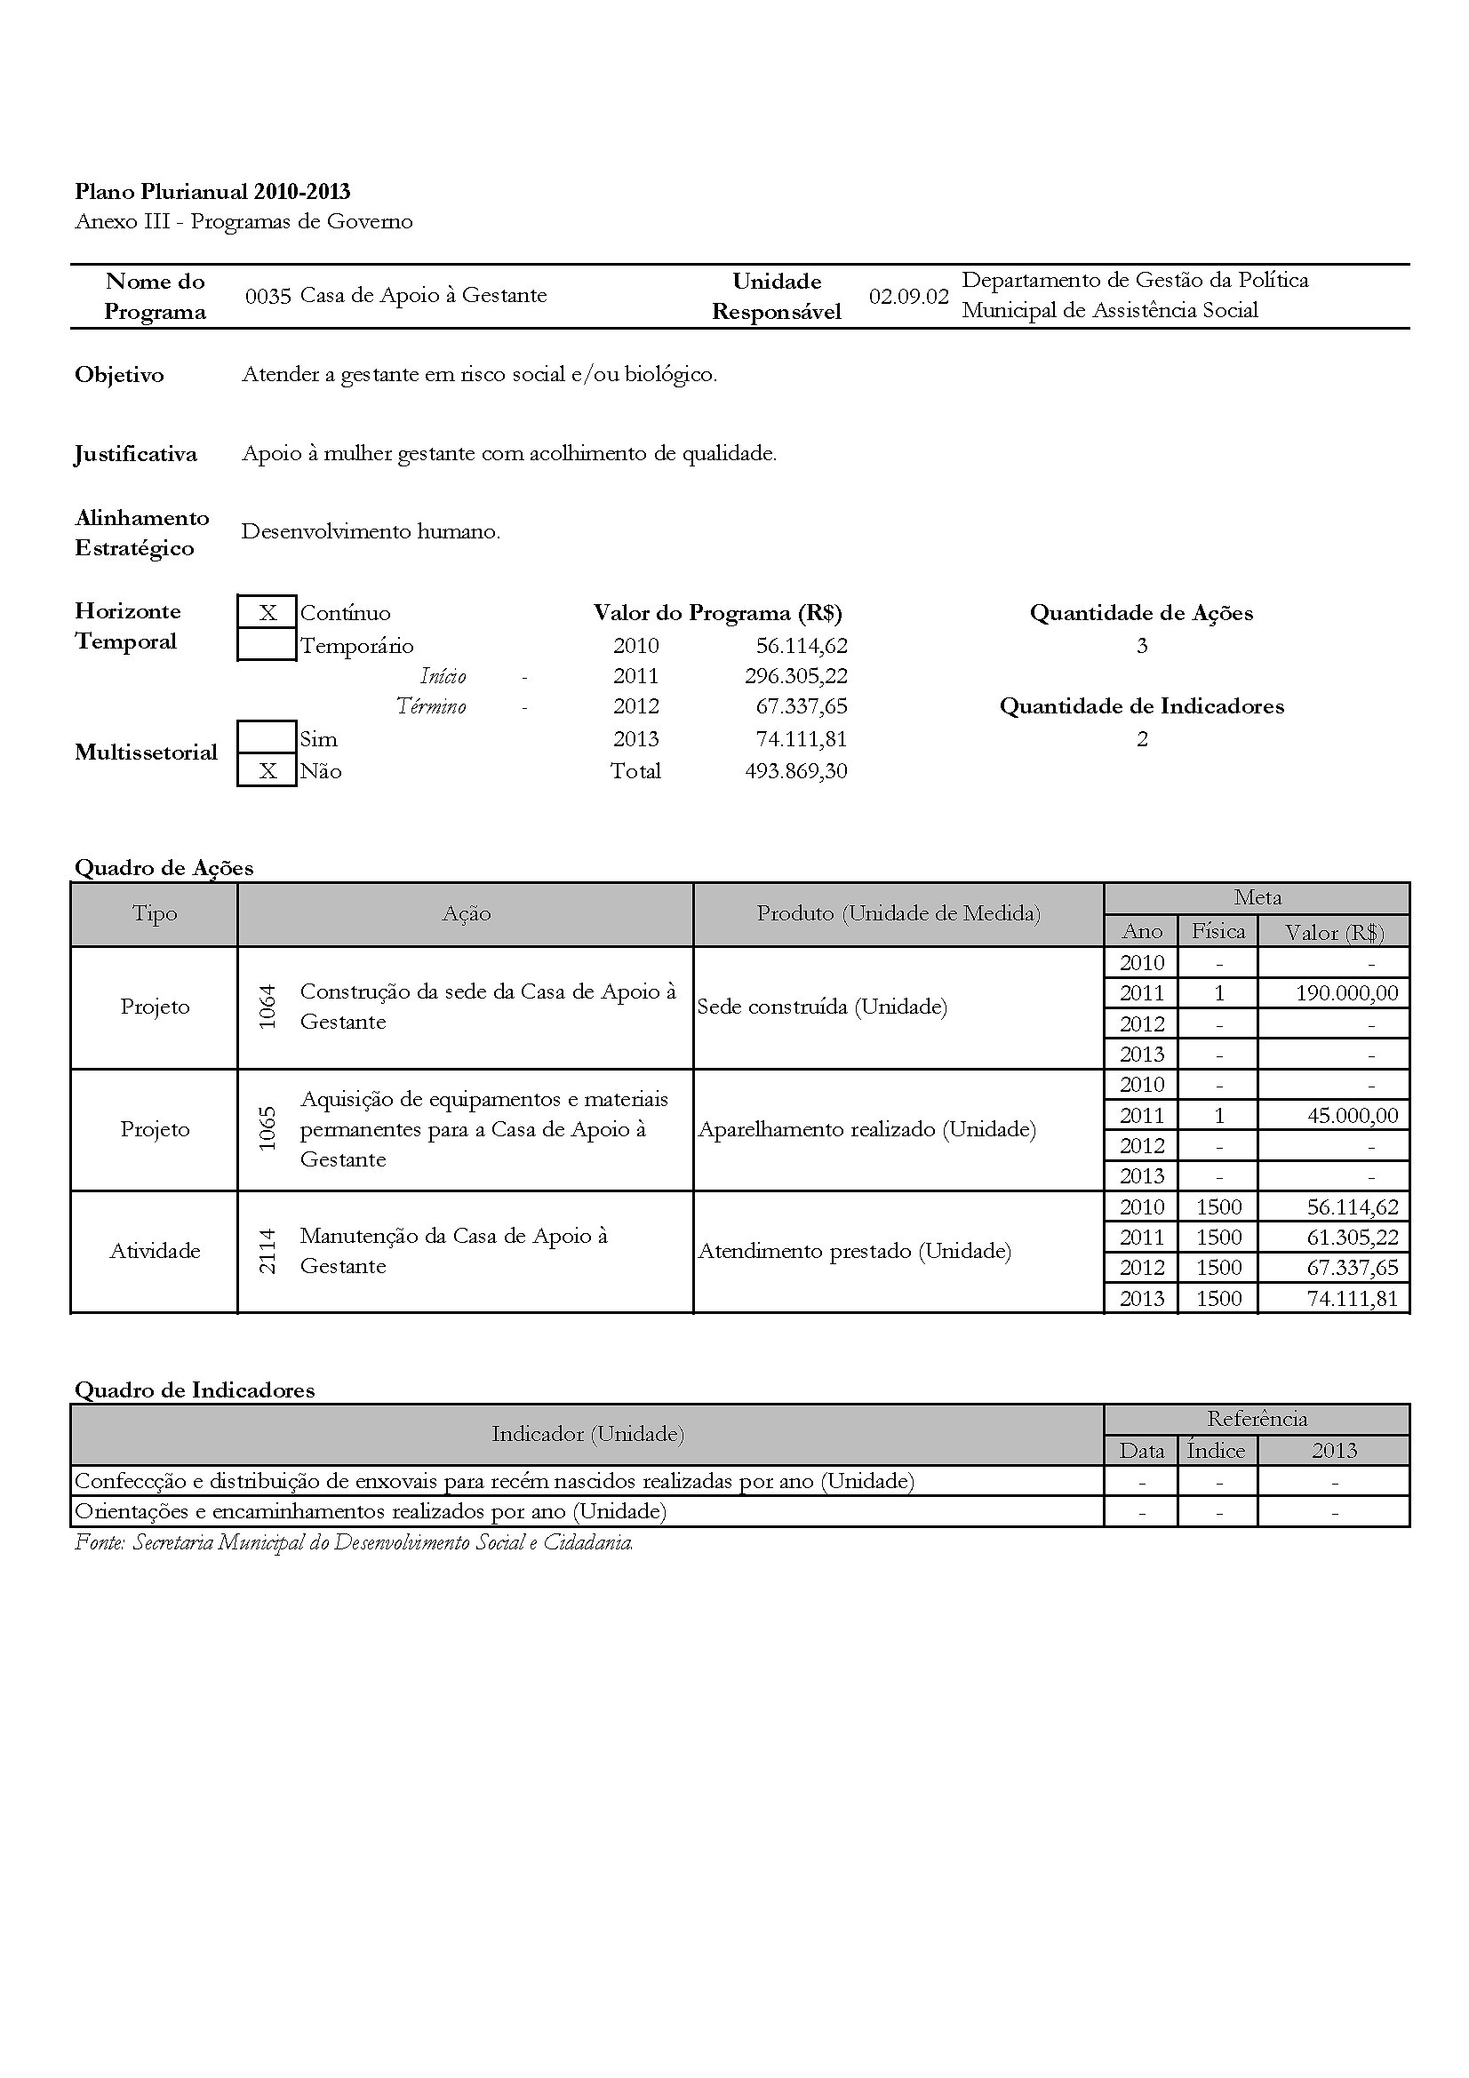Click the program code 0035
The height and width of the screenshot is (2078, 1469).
(x=267, y=296)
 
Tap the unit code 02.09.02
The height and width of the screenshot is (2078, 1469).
(x=908, y=296)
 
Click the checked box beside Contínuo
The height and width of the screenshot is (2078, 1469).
(x=267, y=613)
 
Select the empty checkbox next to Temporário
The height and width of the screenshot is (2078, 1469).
(x=267, y=645)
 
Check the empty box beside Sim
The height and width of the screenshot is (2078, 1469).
(x=267, y=737)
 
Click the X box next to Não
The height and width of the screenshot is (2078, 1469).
(x=267, y=771)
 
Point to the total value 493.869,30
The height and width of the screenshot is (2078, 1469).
(x=795, y=771)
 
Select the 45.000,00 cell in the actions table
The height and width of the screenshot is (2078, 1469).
(x=1353, y=1115)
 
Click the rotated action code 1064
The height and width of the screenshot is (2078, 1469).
(x=267, y=1007)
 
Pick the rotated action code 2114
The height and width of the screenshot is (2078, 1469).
(x=267, y=1251)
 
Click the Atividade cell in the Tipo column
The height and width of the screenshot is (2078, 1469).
(x=155, y=1251)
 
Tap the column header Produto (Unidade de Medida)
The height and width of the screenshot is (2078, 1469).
(x=898, y=913)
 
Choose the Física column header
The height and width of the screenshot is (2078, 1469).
(x=1218, y=930)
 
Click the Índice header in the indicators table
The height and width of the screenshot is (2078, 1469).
(x=1216, y=1451)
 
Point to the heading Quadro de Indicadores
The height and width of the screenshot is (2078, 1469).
(x=195, y=1390)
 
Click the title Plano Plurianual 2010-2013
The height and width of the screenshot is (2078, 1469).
(x=212, y=191)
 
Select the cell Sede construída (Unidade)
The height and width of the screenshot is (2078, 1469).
(x=822, y=1007)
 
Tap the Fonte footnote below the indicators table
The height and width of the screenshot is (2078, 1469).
(x=354, y=1542)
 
